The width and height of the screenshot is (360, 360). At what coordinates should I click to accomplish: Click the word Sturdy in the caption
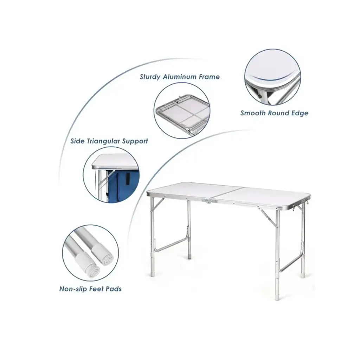[150, 77]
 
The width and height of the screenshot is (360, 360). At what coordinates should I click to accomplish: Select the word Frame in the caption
[210, 77]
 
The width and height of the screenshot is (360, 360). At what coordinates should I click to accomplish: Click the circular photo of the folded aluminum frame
[182, 110]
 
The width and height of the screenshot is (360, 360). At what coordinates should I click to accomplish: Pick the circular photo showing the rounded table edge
[272, 77]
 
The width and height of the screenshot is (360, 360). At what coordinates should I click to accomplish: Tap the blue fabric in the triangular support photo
[124, 185]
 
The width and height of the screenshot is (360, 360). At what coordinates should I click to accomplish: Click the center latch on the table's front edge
[210, 201]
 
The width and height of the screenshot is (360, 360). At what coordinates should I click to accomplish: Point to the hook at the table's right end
[294, 207]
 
